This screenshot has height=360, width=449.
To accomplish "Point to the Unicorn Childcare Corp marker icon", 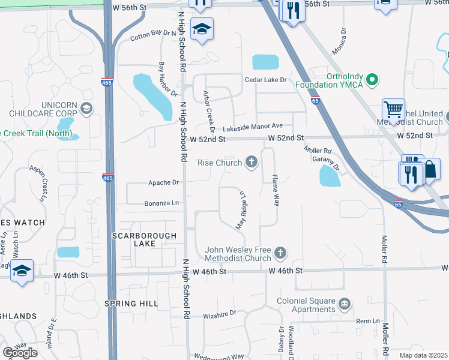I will point(86,109).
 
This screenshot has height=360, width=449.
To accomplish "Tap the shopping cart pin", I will point(393,110).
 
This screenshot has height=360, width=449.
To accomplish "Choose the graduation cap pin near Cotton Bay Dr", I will point(202,29).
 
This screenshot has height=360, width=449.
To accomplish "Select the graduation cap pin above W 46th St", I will point(22,270).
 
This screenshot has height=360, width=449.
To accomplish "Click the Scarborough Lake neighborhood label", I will point(145,240).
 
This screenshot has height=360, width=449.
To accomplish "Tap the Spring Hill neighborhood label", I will point(130,304).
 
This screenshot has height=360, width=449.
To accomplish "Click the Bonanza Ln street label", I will point(161,203).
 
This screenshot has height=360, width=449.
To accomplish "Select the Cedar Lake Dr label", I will point(266,80).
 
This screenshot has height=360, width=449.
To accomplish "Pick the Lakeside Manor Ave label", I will point(252,127).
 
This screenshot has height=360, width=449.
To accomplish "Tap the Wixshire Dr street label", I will point(220,313).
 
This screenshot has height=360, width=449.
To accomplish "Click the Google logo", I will point(20,353).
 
